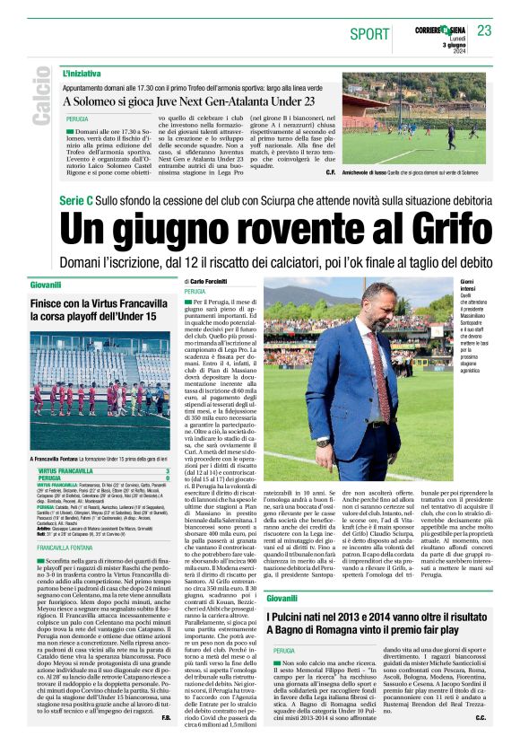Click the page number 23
[x=485, y=31]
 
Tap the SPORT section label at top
[x=369, y=34]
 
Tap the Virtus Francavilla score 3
[x=168, y=471]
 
